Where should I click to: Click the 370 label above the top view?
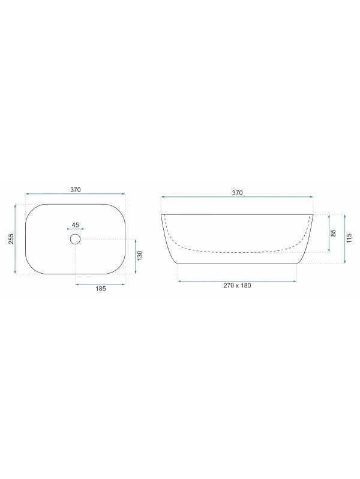(76, 190)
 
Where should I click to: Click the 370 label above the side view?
(237, 193)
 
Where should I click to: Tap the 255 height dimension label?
(11, 238)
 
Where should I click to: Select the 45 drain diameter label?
(75, 225)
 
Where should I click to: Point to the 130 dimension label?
(140, 255)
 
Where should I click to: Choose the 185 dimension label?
(100, 288)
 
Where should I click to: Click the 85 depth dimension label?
(333, 233)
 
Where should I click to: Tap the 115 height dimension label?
(349, 238)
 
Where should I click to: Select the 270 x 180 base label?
(237, 285)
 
